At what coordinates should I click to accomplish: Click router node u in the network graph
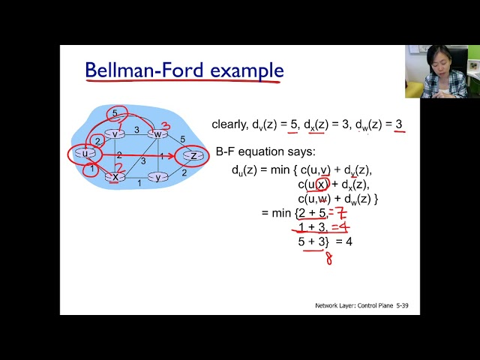(85, 154)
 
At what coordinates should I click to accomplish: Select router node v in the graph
(114, 133)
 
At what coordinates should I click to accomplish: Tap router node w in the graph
(157, 134)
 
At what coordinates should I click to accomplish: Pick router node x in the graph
(114, 177)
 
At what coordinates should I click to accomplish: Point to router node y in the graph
(157, 177)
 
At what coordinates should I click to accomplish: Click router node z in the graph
(193, 156)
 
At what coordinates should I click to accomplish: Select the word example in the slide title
(247, 70)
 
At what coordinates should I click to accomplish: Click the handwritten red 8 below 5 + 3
(328, 259)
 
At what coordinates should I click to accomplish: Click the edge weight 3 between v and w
(136, 129)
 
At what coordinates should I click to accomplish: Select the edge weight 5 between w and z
(181, 139)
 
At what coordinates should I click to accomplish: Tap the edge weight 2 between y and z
(184, 172)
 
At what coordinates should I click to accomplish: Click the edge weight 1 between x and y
(138, 182)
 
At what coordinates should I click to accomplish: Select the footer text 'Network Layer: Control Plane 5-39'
(367, 306)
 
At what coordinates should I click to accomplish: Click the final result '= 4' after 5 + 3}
(343, 241)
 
